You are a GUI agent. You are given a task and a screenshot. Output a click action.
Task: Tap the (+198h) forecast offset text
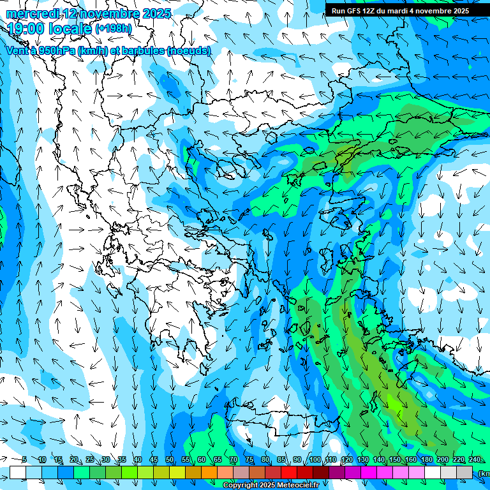point(114,29)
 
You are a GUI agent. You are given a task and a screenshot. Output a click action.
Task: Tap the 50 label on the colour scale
point(170,459)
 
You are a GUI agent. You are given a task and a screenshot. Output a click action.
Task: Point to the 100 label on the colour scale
point(315,459)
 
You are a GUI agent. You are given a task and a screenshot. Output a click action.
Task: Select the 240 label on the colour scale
point(474,459)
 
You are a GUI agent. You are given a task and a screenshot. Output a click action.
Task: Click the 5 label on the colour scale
point(24,459)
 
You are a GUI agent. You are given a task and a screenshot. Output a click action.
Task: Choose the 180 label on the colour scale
point(426,459)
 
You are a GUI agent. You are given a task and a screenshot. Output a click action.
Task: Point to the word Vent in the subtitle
point(17,50)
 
